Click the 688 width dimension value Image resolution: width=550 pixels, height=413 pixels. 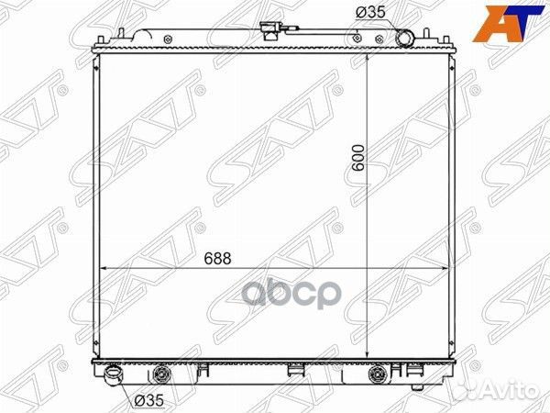(217, 259)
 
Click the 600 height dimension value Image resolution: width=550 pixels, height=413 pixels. (358, 158)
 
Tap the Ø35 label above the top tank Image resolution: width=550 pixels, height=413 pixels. (370, 12)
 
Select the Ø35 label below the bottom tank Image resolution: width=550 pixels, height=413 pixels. (148, 400)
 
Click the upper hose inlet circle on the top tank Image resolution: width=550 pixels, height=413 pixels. (405, 39)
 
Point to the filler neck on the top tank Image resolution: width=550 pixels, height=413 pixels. (270, 31)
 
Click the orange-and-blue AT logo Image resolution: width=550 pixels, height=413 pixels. (508, 24)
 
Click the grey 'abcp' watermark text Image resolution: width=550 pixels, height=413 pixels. (292, 294)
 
